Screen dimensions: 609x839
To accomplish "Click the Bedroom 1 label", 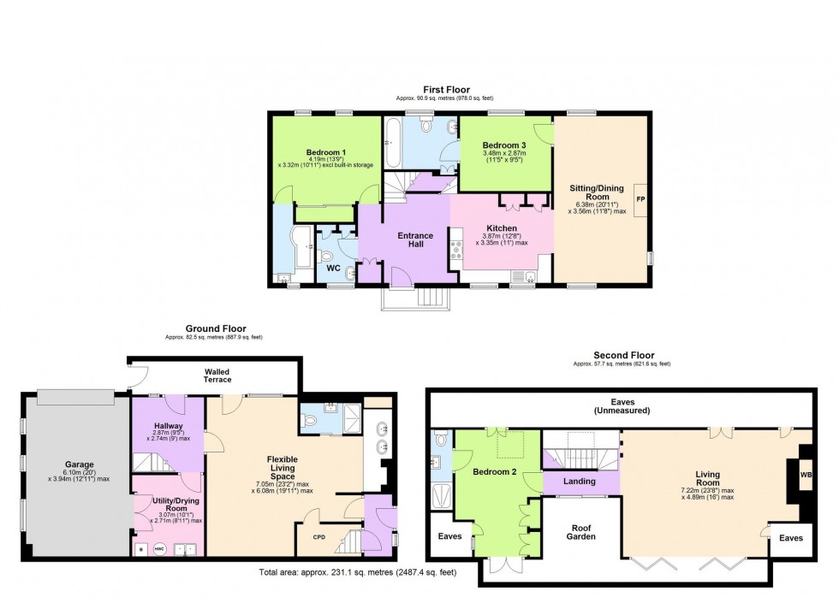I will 325,152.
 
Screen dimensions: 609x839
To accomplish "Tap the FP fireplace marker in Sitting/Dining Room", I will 639,199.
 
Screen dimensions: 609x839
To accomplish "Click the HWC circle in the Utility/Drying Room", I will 158,549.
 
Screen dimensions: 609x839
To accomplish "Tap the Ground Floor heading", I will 216,328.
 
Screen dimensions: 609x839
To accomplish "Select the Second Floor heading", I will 623,355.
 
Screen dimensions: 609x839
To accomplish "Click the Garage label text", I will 78,465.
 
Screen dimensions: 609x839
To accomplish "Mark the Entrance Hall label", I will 415,241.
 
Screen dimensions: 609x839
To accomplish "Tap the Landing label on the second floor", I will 580,482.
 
